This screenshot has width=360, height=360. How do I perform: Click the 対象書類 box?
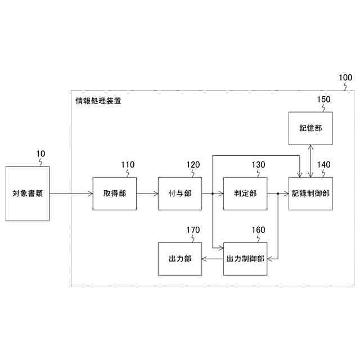28,193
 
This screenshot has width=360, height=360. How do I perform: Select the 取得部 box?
115,193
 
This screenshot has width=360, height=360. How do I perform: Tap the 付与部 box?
180,193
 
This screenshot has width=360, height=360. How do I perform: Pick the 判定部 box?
245,193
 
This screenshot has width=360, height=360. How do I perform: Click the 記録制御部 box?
310,193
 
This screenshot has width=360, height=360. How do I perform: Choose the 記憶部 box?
310,128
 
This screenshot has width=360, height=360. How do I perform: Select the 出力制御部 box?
245,259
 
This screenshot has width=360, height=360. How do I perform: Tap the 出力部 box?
180,259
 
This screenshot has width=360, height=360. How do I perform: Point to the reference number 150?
323,100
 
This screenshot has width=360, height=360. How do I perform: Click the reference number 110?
128,165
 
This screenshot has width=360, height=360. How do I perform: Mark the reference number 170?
193,230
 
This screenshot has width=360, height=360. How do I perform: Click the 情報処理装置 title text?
98,102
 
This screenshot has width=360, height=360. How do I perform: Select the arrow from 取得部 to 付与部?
147,193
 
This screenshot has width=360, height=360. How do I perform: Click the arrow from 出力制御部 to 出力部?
213,259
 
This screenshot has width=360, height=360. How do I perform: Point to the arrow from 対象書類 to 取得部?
71,193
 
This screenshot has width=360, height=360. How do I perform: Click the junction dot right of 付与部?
212,193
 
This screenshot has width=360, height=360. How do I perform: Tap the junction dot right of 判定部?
278,193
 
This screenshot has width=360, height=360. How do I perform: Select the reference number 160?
258,230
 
